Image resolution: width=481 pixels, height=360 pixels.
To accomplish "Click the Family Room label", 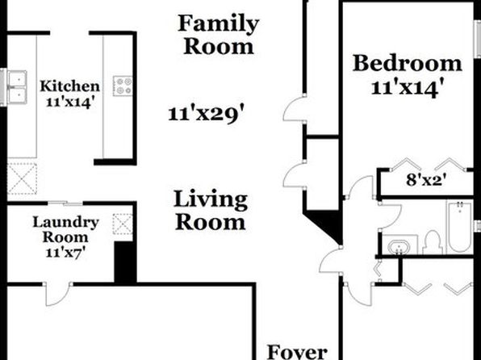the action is pos(219,35).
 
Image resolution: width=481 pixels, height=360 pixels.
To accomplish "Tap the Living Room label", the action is pos(211,211).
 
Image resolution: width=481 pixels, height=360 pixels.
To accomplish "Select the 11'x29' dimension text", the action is pos(207,114).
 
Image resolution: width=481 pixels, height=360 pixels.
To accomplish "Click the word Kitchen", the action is pos(69,86).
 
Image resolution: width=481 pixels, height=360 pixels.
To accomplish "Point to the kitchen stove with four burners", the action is pos(123,86).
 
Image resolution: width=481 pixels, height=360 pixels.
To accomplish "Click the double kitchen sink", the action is pos(17,87).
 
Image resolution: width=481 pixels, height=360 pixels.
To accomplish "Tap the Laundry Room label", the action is pos(65,229).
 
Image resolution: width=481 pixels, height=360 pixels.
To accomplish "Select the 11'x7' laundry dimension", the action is pos(65,253).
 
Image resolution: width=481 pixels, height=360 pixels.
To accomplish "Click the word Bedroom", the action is pos(407,63).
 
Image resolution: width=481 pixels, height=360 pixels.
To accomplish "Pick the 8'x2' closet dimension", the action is pos(426,180).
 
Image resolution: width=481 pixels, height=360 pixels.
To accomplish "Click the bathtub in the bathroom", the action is pos(459,227).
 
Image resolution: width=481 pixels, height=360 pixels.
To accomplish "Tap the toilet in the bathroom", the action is pos(433,242).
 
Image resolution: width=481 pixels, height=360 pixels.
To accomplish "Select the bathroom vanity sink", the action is pos(399,246).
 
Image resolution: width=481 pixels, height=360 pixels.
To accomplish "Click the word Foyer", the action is pos(297,352).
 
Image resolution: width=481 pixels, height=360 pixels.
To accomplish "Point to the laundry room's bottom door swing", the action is pos(57,295).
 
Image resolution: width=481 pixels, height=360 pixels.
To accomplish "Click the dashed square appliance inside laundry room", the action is pos(123,224).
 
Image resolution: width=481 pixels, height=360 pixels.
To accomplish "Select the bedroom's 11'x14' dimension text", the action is pos(408,88).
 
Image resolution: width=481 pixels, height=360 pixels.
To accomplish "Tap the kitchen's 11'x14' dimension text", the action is pos(69,102).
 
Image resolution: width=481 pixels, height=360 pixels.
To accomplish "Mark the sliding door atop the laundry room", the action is pos(65,203).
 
